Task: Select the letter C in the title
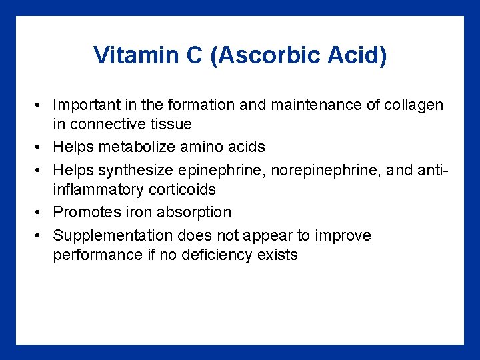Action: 193,55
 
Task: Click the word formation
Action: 203,105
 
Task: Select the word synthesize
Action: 137,170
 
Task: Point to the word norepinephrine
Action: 319,170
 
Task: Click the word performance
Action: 97,255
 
